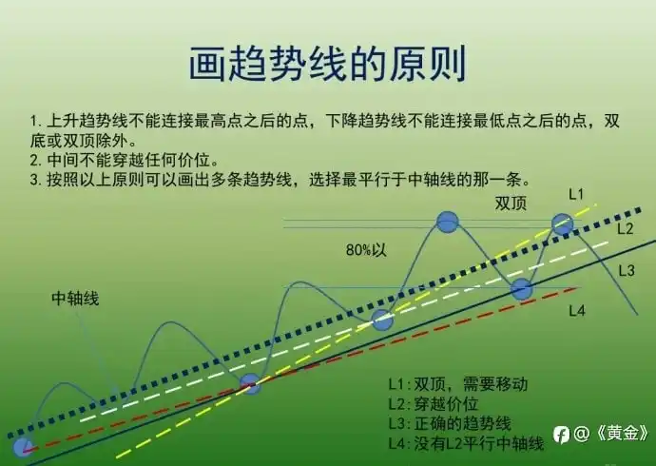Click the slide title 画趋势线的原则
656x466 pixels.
(x=328, y=64)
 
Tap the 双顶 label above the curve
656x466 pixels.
(x=511, y=204)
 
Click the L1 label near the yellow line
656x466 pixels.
(x=576, y=194)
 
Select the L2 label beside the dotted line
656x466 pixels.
(x=626, y=228)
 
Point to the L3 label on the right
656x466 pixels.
(x=627, y=271)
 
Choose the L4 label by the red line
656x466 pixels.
(x=576, y=310)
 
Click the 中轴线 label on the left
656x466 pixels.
(x=75, y=299)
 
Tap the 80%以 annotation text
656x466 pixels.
(x=366, y=250)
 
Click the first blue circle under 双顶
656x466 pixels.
(x=447, y=222)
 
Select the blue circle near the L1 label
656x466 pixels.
(x=562, y=224)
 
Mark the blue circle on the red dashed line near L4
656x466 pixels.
(x=521, y=289)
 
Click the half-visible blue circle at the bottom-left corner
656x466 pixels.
(x=23, y=447)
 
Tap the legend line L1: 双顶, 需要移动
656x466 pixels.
(x=457, y=384)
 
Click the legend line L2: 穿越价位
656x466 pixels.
(x=433, y=404)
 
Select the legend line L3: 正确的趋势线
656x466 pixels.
(x=450, y=424)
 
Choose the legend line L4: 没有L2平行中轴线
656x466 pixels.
(x=466, y=443)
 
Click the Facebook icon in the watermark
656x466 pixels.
(x=561, y=435)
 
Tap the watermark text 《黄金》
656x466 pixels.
(x=622, y=434)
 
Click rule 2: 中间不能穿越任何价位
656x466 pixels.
(x=125, y=161)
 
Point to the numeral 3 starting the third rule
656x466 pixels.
(x=34, y=181)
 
